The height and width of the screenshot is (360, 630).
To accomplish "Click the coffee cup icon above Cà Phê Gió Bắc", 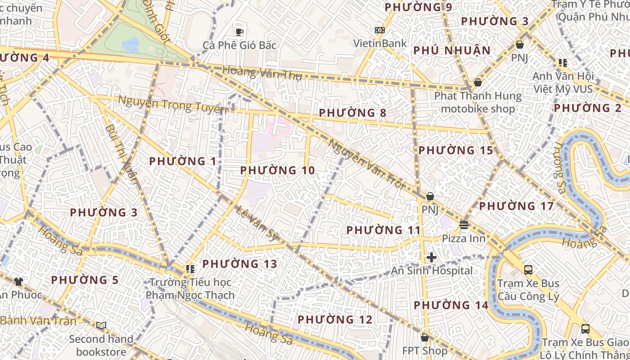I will click(x=239, y=31).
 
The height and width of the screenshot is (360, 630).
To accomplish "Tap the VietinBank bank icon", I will click(x=380, y=30).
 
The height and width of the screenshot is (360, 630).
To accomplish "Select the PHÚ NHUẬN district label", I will click(x=452, y=50).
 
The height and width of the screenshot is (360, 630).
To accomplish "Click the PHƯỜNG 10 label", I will click(x=277, y=171).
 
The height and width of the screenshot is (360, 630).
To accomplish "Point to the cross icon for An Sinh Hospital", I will click(x=432, y=257).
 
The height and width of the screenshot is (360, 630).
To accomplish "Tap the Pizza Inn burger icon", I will click(x=464, y=224).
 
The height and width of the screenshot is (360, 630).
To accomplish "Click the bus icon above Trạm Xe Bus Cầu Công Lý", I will click(x=528, y=270).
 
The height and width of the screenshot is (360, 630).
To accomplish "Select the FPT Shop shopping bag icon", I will click(x=425, y=337).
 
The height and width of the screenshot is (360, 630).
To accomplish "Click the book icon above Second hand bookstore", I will click(x=101, y=325).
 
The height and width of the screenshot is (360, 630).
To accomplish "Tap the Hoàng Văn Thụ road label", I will click(x=262, y=72).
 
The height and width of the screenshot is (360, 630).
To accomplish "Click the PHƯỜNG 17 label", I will click(x=516, y=207).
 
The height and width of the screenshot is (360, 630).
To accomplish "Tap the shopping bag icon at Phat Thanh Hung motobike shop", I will click(x=478, y=83).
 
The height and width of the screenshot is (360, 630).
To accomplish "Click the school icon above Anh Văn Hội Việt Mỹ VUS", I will click(x=562, y=63).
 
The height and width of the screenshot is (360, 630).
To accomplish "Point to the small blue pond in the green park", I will click(x=130, y=44).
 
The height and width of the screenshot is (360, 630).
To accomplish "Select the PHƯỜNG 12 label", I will click(x=335, y=319).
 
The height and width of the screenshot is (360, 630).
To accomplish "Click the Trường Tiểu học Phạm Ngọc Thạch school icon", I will click(x=190, y=269).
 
